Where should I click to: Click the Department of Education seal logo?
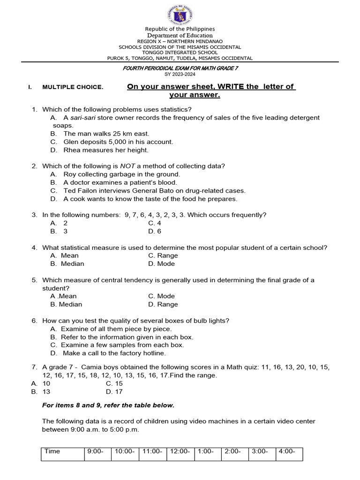pyautogui.click(x=180, y=14)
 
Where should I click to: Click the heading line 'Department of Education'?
pyautogui.click(x=180, y=35)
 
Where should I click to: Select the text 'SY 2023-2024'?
pyautogui.click(x=180, y=75)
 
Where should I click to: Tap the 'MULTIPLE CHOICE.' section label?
pyautogui.click(x=73, y=87)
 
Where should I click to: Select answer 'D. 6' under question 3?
pyautogui.click(x=155, y=232)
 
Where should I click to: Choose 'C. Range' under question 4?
pyautogui.click(x=163, y=255)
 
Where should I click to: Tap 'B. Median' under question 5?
pyautogui.click(x=66, y=304)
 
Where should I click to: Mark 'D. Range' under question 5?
pyautogui.click(x=163, y=304)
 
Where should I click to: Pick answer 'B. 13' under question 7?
pyautogui.click(x=41, y=391)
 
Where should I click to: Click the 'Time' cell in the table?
pyautogui.click(x=52, y=451)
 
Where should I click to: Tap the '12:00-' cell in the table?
pyautogui.click(x=180, y=451)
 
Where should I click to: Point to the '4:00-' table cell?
pyautogui.click(x=287, y=451)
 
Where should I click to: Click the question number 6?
pyautogui.click(x=34, y=321)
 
